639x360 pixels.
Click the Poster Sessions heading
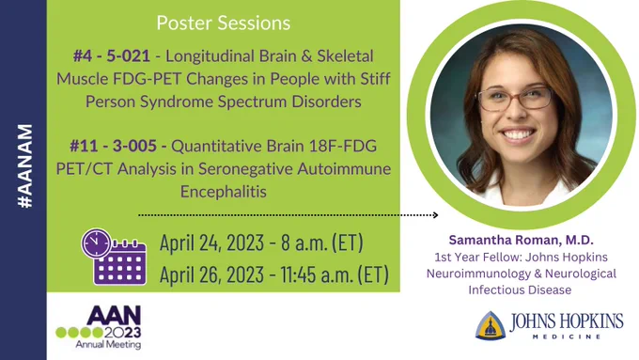pyautogui.click(x=224, y=23)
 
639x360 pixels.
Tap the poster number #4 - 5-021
pyautogui.click(x=112, y=56)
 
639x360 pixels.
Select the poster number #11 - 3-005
pyautogui.click(x=113, y=146)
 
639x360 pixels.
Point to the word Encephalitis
pyautogui.click(x=224, y=192)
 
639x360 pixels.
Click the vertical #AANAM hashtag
pyautogui.click(x=25, y=166)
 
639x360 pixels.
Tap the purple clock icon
pyautogui.click(x=96, y=243)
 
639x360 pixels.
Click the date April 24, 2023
pyautogui.click(x=211, y=243)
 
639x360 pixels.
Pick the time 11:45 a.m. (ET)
pyautogui.click(x=335, y=274)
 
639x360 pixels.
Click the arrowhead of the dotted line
pyautogui.click(x=435, y=215)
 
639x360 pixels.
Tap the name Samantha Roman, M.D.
pyautogui.click(x=521, y=240)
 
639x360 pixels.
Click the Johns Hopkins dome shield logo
pyautogui.click(x=491, y=325)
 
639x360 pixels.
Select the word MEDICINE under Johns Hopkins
pyautogui.click(x=567, y=337)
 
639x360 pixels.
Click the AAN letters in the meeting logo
pyautogui.click(x=114, y=316)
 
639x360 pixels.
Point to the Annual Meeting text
pyautogui.click(x=108, y=345)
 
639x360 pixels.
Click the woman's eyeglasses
pyautogui.click(x=516, y=99)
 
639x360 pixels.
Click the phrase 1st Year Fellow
pyautogui.click(x=477, y=258)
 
